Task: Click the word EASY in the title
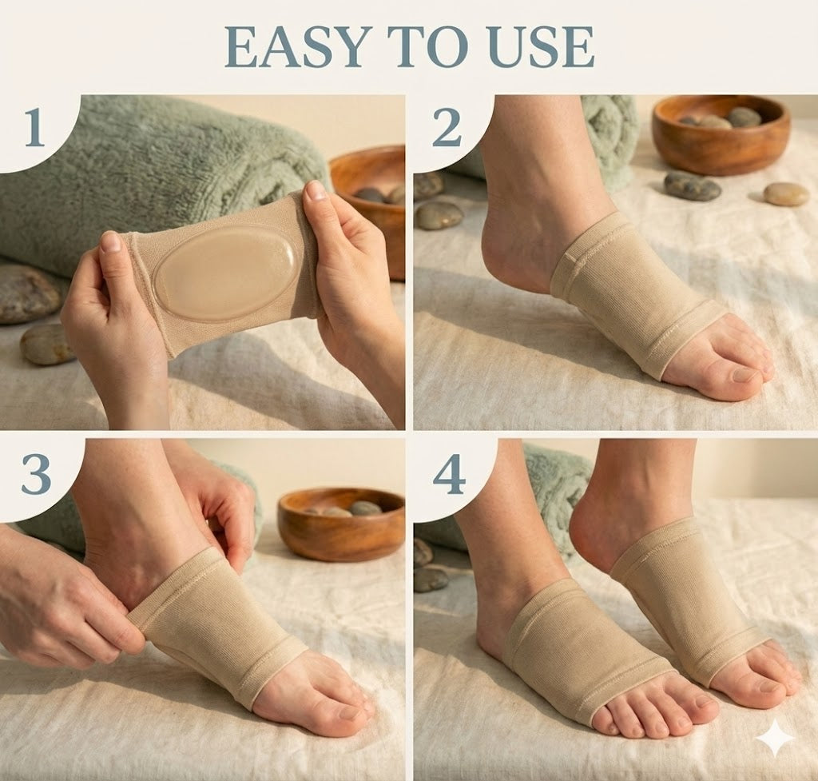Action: (295, 47)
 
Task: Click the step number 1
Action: (34, 128)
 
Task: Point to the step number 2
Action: (447, 128)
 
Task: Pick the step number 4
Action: (449, 476)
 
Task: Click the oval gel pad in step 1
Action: (227, 273)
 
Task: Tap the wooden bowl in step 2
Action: (721, 134)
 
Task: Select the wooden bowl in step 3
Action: (341, 524)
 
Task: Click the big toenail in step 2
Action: (746, 375)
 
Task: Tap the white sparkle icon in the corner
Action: (775, 738)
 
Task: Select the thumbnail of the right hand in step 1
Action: (316, 190)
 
